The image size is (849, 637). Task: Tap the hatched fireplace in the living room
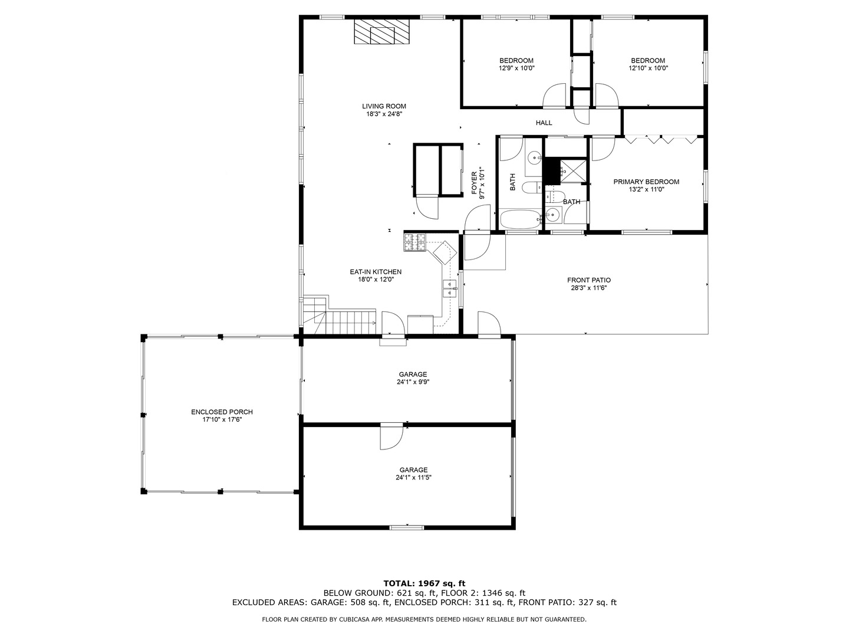tap(382, 31)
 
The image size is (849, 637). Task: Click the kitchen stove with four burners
tap(414, 242)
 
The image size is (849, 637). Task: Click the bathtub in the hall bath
tap(520, 219)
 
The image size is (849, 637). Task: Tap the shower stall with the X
tap(573, 170)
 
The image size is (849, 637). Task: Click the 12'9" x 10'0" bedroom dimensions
tap(516, 68)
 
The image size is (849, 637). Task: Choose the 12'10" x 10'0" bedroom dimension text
tap(648, 68)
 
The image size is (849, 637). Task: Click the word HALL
tap(544, 123)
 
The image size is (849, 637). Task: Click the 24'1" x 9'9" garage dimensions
tap(413, 382)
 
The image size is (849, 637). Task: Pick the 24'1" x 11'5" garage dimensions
tap(413, 477)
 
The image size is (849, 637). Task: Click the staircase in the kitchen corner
tap(339, 315)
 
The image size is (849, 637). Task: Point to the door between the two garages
tap(391, 437)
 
